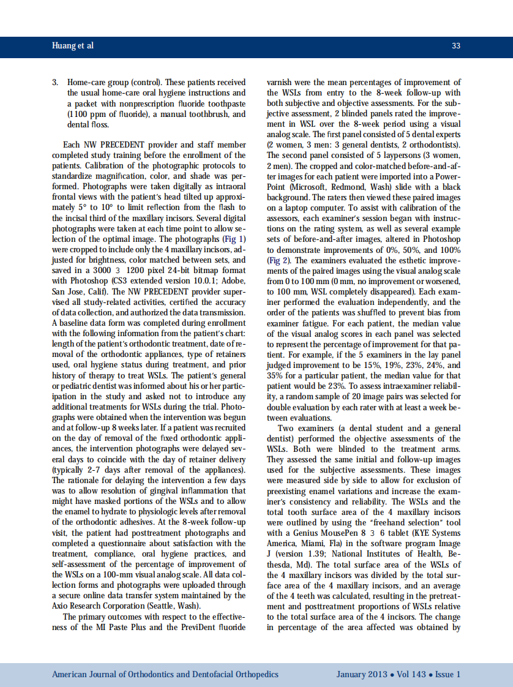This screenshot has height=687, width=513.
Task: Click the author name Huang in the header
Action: (x=64, y=46)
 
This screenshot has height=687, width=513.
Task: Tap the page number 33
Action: (x=455, y=46)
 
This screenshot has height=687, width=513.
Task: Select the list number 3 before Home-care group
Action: (x=54, y=82)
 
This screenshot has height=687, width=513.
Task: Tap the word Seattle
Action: (x=167, y=606)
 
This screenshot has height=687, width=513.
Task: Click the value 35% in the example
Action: (x=275, y=375)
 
